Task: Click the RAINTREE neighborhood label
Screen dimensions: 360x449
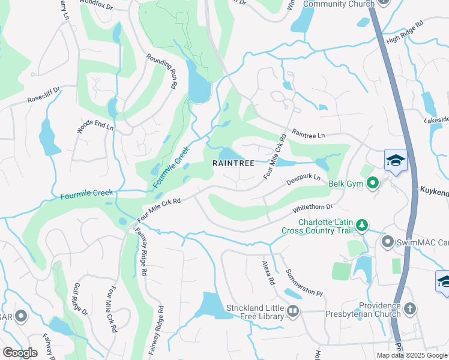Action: click(234, 163)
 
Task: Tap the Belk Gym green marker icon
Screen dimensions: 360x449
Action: click(372, 183)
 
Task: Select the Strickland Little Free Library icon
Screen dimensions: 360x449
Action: click(292, 311)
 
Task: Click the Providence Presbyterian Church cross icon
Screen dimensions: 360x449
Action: click(410, 309)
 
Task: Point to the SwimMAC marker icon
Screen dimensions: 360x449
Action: click(387, 242)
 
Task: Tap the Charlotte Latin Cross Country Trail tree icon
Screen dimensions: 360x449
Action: click(361, 225)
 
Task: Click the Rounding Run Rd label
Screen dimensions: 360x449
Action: click(162, 71)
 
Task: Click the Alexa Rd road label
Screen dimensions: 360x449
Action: click(268, 272)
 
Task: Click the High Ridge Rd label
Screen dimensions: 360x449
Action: click(405, 39)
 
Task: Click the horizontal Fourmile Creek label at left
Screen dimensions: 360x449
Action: click(86, 194)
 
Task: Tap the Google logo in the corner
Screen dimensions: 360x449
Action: click(20, 353)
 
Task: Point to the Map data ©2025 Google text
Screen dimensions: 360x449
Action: click(411, 355)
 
